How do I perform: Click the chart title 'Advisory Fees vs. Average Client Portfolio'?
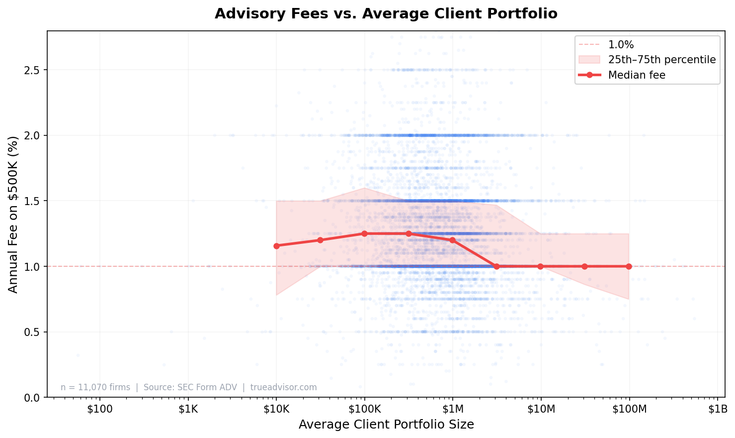[386, 13]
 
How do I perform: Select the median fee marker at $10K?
[276, 246]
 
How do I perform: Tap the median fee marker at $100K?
[364, 233]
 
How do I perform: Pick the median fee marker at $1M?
[452, 240]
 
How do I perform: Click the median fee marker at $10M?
[541, 266]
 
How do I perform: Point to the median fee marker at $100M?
[629, 266]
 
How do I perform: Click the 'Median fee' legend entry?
[636, 75]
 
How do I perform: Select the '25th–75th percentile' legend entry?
[661, 60]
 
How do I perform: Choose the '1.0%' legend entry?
[621, 44]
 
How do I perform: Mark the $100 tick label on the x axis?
[100, 409]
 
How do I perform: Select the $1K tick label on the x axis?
[188, 409]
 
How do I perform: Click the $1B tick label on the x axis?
[717, 409]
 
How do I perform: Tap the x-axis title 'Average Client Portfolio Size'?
[386, 425]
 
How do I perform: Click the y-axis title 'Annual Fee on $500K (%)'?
[13, 214]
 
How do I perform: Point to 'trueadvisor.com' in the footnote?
[283, 387]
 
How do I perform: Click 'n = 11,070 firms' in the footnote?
[95, 387]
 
